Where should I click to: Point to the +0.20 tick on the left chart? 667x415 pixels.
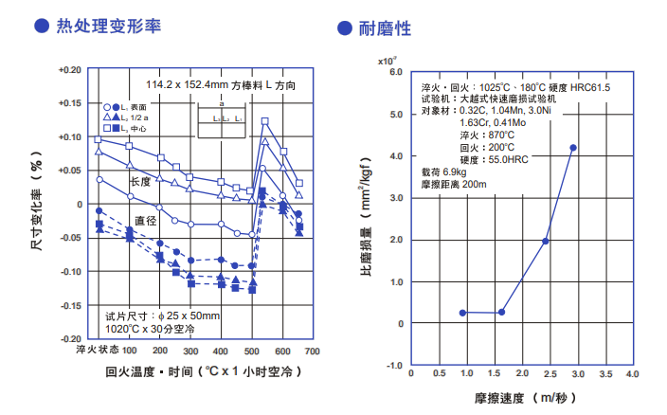(x=70, y=70)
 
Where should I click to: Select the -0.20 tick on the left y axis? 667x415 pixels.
(x=70, y=338)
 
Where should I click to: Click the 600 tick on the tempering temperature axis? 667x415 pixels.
(x=282, y=351)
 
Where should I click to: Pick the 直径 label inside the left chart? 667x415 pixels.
(x=145, y=221)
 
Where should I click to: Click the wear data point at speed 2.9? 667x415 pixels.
(x=573, y=148)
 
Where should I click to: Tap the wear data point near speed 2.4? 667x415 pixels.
(x=546, y=241)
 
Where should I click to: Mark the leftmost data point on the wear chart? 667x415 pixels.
(x=462, y=313)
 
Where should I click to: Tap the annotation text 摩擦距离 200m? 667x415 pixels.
(x=454, y=184)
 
